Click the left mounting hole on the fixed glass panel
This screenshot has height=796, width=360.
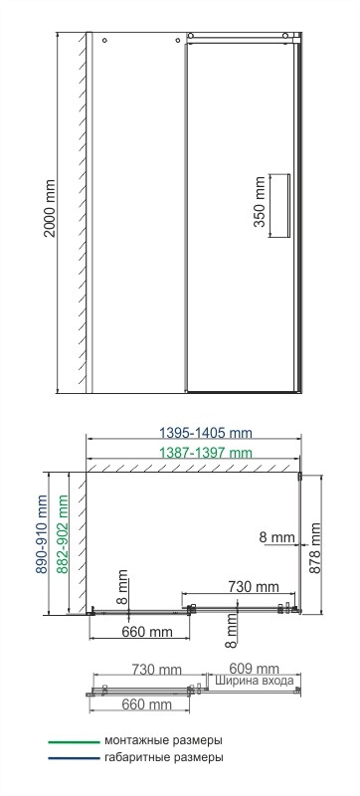[x=104, y=40]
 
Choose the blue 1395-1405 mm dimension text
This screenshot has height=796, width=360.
[x=206, y=433]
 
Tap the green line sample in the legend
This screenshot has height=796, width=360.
[x=75, y=741]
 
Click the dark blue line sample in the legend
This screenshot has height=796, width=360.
[x=75, y=758]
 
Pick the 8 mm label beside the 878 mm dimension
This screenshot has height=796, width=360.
[x=276, y=538]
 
